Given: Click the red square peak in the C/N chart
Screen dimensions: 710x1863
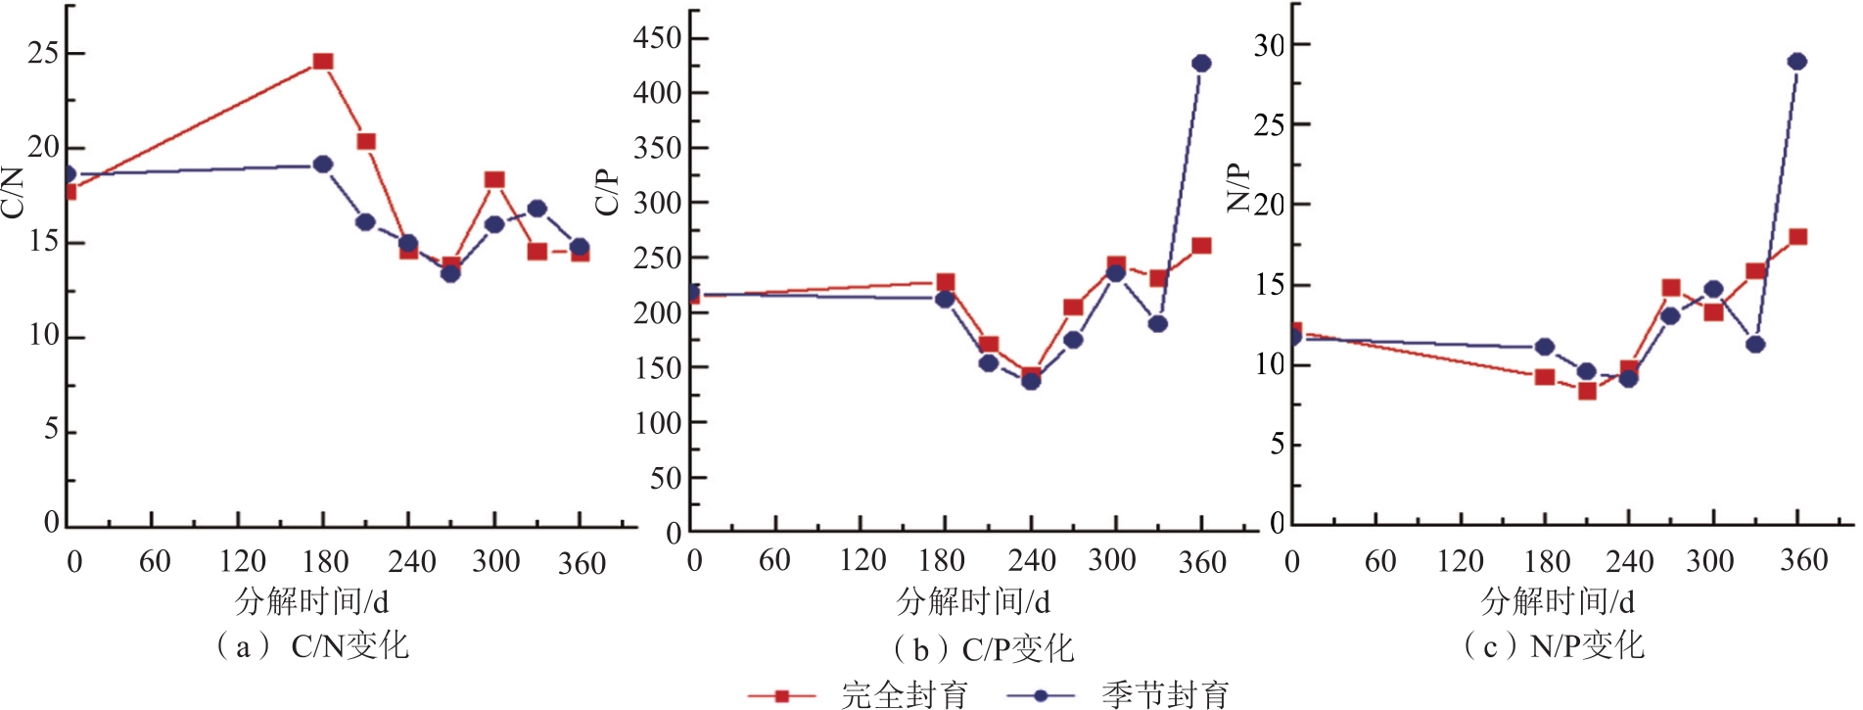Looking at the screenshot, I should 323,62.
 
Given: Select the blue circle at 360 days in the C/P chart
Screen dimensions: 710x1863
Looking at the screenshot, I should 1201,64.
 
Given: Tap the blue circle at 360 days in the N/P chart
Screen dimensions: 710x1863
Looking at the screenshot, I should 1797,62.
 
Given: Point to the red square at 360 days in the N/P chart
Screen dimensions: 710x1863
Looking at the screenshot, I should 1797,237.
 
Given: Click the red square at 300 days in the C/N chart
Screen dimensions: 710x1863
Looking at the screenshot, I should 494,179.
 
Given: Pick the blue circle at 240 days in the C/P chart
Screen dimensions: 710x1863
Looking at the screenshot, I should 1031,381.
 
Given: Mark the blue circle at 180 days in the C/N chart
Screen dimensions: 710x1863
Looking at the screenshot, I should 323,164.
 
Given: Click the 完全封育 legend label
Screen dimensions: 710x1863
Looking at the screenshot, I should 904,695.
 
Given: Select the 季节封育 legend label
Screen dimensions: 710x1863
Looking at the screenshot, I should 1165,695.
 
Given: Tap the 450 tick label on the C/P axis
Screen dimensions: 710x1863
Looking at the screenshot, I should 657,38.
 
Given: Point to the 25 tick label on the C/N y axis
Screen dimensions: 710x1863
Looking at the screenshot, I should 43,53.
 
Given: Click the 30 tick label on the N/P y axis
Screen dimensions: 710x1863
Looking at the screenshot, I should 1269,45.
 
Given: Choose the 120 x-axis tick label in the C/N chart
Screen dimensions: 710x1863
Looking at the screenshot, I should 242,561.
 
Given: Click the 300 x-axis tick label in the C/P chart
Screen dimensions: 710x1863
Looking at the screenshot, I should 1111,560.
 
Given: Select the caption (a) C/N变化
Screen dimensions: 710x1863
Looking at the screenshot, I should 311,646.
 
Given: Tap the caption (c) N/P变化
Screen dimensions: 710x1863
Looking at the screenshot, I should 1554,645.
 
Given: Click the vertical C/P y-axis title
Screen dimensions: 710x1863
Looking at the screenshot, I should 607,191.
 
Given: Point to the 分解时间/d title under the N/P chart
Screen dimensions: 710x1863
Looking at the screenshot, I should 1557,600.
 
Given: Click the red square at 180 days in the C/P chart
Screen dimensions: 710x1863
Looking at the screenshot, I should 946,283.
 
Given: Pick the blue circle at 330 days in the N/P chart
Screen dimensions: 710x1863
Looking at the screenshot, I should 1755,345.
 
